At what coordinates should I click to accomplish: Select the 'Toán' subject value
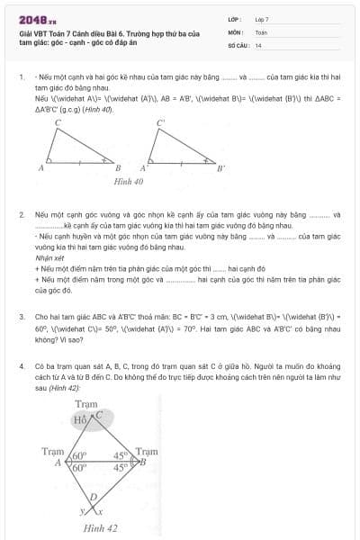coord(261,31)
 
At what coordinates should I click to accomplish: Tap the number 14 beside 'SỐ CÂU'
coord(258,44)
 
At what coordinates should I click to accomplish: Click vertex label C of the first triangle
coord(58,122)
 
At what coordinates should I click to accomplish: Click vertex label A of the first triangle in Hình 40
coord(41,167)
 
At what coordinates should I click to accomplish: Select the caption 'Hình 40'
coord(128,181)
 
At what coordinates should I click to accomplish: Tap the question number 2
coord(21,216)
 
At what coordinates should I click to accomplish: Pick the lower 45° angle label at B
coord(121,468)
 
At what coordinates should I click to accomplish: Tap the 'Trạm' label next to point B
coord(147,451)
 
